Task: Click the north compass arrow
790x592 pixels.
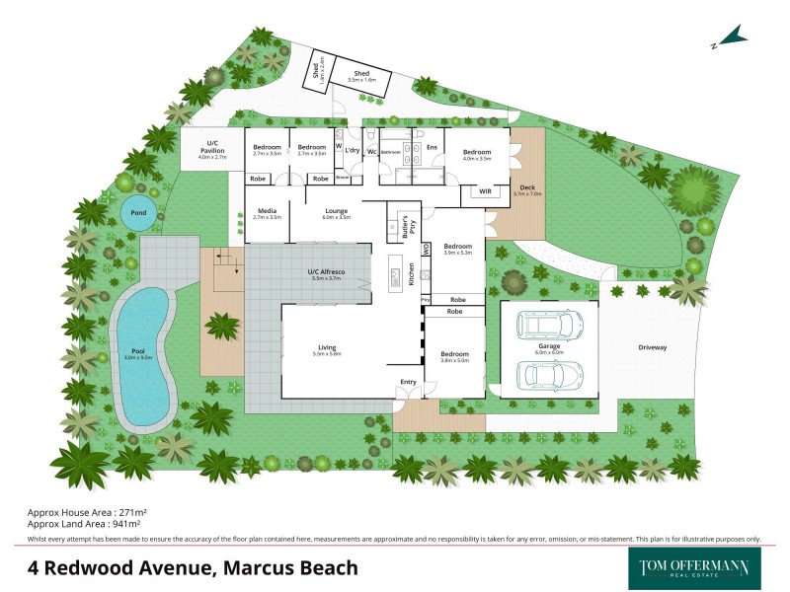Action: pyautogui.click(x=731, y=38)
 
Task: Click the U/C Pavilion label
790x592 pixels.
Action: pyautogui.click(x=211, y=147)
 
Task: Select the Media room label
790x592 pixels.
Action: pyautogui.click(x=267, y=211)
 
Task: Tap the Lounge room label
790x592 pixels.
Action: pyautogui.click(x=336, y=211)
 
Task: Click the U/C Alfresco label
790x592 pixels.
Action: pyautogui.click(x=325, y=274)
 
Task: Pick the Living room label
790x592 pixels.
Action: pyautogui.click(x=326, y=346)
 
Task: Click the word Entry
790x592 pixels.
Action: pyautogui.click(x=407, y=382)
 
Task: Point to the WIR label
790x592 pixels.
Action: pyautogui.click(x=485, y=190)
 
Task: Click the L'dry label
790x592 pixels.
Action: pyautogui.click(x=353, y=151)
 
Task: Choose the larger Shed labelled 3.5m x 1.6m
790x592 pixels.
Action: pyautogui.click(x=361, y=74)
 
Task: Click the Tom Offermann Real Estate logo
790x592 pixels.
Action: pyautogui.click(x=688, y=568)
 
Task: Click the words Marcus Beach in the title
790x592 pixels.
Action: pyautogui.click(x=291, y=568)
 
